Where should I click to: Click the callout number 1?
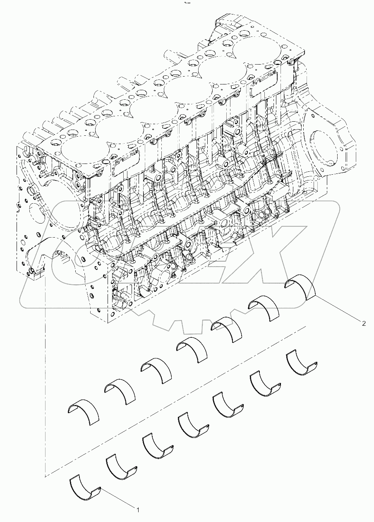click(138, 510)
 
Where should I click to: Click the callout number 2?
click(364, 324)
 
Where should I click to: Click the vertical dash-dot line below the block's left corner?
click(45, 373)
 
